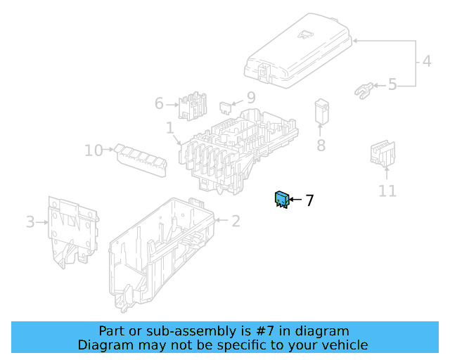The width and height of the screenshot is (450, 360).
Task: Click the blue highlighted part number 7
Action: (x=282, y=199)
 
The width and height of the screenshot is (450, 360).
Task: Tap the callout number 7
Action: (x=309, y=200)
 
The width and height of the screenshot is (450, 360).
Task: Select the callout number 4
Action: (x=427, y=61)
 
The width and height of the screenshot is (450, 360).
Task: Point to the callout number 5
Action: (x=392, y=84)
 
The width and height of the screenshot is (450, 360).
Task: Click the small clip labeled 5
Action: (x=364, y=91)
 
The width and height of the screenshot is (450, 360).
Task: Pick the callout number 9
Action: (x=251, y=98)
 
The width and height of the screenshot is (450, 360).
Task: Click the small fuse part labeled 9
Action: (x=226, y=108)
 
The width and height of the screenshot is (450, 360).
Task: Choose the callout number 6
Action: (x=159, y=103)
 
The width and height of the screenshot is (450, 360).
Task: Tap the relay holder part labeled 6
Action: (x=192, y=106)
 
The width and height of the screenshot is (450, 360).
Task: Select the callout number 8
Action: (x=321, y=146)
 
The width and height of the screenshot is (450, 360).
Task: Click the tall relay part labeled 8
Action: (x=322, y=112)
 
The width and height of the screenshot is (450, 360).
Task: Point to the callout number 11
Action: (x=387, y=191)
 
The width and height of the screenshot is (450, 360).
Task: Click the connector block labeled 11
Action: (x=382, y=153)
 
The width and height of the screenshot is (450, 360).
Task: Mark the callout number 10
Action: (x=94, y=150)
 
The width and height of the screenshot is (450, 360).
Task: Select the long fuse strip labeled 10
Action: (x=141, y=160)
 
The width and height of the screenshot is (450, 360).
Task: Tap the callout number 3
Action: (x=30, y=222)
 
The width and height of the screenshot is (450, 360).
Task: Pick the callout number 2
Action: (x=236, y=221)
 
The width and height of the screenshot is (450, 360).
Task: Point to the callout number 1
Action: (x=170, y=128)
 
